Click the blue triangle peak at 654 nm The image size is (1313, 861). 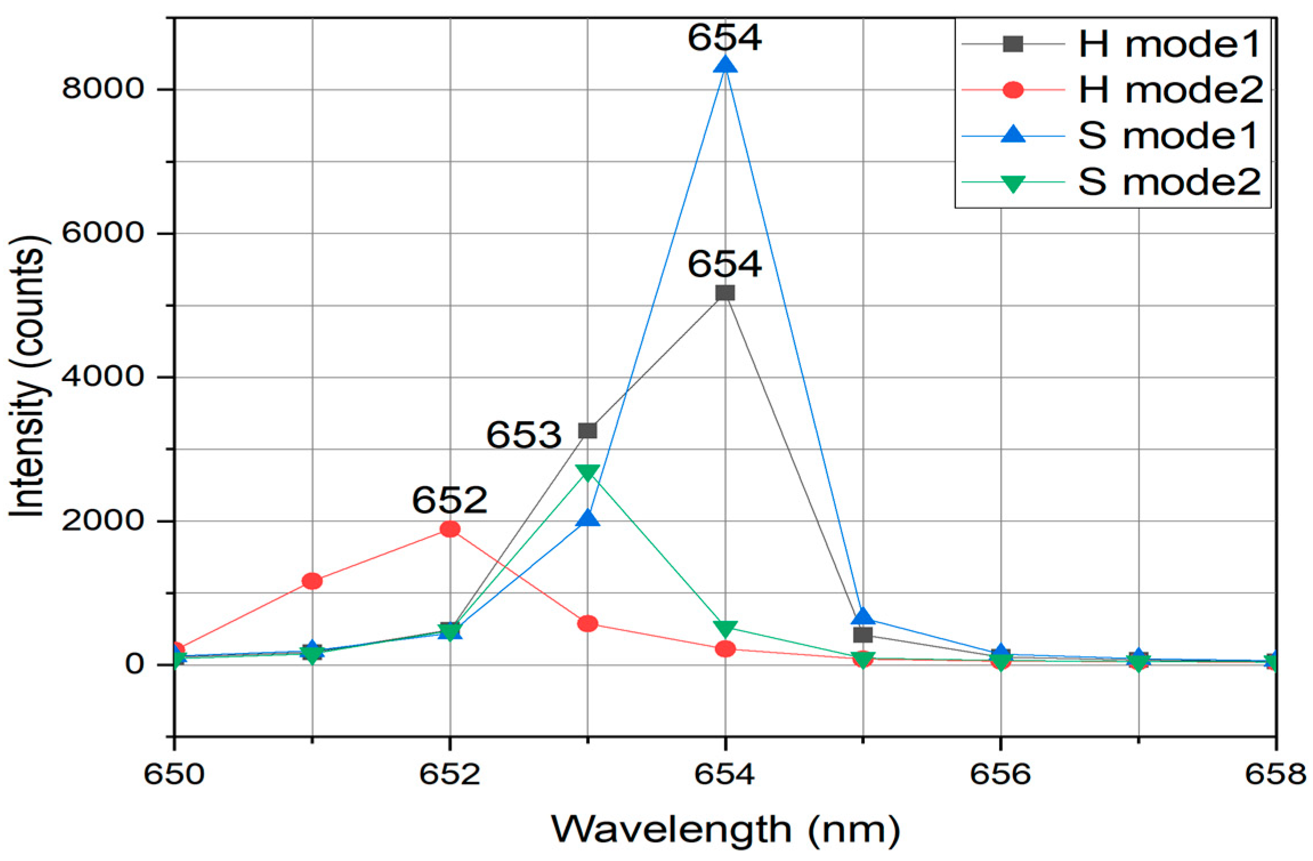point(725,65)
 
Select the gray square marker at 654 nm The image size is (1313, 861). point(725,293)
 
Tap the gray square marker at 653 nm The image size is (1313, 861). point(587,430)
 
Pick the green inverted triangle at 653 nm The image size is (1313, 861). point(587,471)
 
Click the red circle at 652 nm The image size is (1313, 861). point(450,529)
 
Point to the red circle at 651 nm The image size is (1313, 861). point(312,581)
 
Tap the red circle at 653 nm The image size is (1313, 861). point(587,624)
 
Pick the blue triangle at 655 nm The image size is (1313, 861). point(863,617)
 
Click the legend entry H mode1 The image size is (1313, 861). point(1169,45)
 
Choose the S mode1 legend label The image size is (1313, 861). point(1168,136)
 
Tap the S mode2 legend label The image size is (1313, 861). point(1169,183)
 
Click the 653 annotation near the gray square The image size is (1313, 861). point(524,435)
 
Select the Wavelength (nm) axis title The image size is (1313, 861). point(725,829)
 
